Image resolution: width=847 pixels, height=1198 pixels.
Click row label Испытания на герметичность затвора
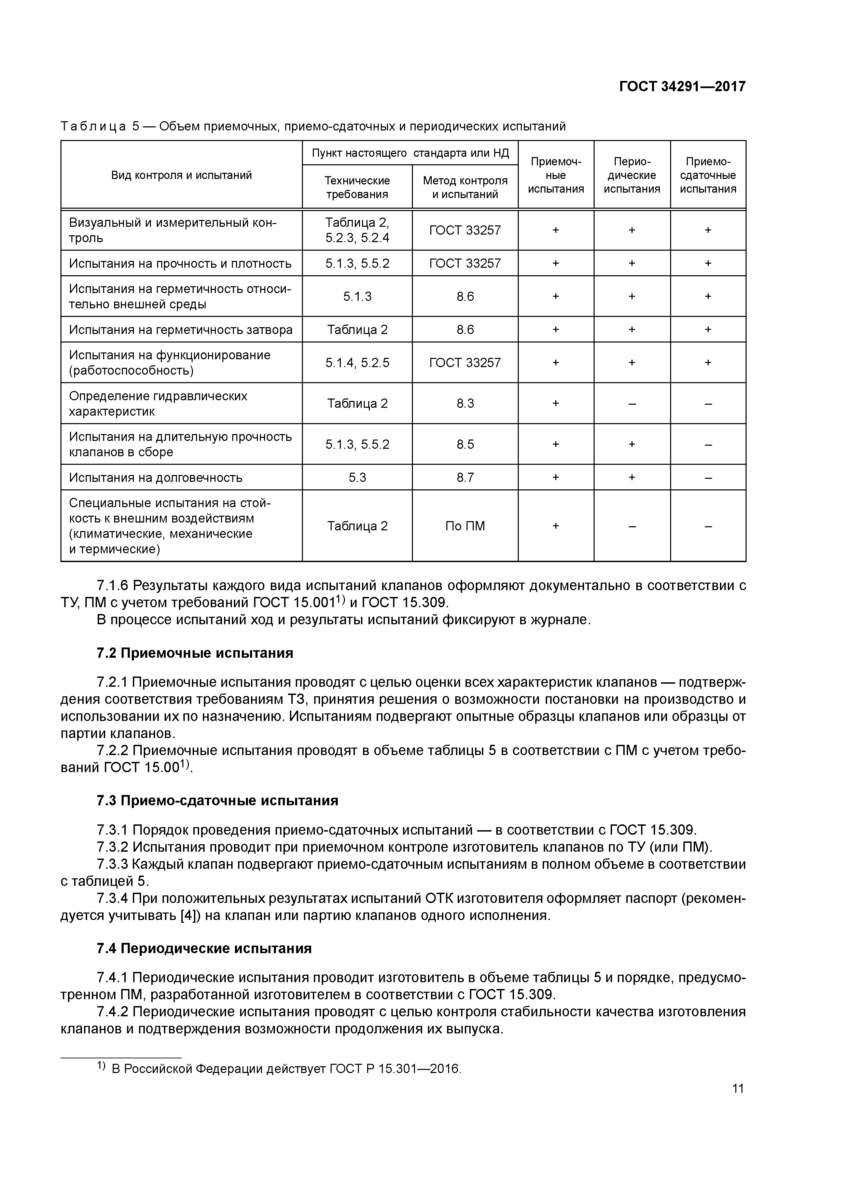(181, 330)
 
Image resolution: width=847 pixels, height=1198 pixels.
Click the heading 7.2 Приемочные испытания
(195, 653)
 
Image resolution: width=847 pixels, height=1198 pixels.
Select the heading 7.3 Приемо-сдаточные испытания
(217, 800)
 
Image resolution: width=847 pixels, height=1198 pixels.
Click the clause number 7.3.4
(112, 898)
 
